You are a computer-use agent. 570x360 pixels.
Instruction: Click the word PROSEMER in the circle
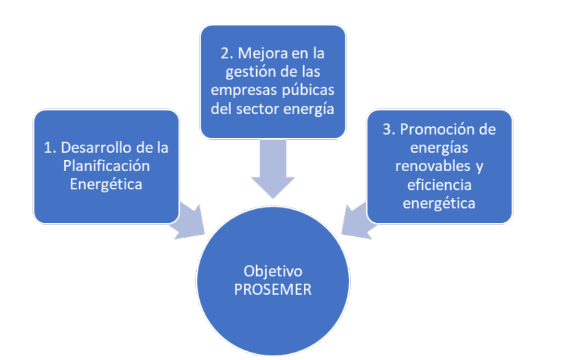point(272,289)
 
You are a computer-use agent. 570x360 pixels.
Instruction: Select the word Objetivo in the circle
point(273,271)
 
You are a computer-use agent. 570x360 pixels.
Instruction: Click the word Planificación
point(106,166)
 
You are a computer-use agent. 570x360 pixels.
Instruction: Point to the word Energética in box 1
point(106,184)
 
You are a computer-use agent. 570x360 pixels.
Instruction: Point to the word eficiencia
point(439,185)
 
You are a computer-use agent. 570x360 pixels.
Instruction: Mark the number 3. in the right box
point(389,130)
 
